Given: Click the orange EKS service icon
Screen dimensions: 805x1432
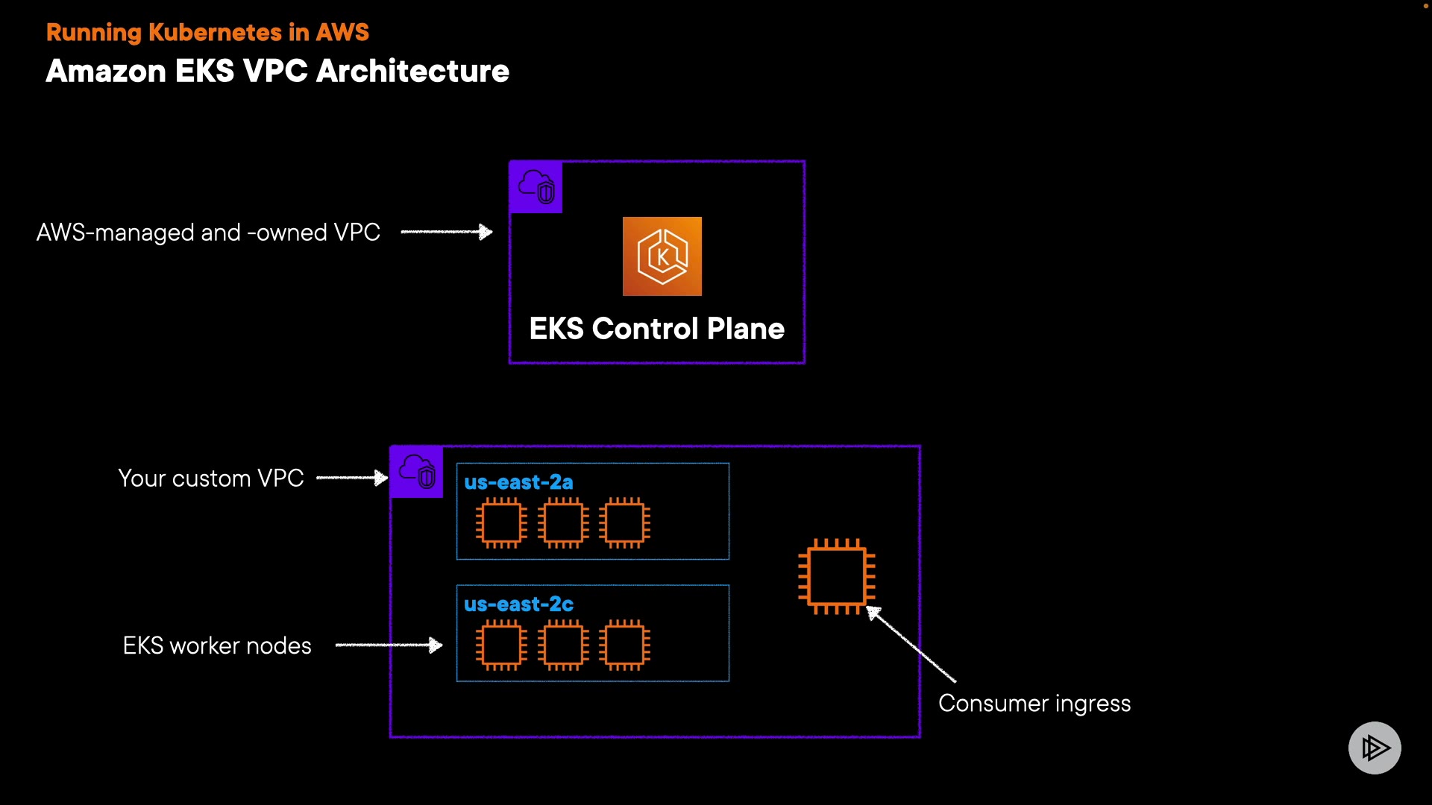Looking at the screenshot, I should tap(662, 256).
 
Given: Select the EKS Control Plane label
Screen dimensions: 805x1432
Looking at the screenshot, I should tap(656, 329).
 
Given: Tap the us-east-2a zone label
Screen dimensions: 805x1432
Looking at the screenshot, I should tap(518, 482).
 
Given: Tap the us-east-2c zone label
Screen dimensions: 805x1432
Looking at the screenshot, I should tap(518, 604).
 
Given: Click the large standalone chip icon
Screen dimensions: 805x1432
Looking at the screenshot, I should tap(836, 576).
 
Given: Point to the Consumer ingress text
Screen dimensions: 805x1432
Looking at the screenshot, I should tap(1034, 704).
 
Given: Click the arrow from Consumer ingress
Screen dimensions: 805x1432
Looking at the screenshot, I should tap(911, 645).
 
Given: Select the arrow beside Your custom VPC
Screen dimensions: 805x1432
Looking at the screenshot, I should tap(352, 478).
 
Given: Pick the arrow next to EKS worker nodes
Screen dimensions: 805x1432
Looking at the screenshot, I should tap(389, 645).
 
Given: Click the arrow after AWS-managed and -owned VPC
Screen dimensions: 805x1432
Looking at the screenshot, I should tap(447, 232).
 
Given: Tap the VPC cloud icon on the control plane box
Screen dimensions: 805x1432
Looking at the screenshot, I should tap(536, 187).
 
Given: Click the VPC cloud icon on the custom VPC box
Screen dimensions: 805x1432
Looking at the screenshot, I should tap(417, 472).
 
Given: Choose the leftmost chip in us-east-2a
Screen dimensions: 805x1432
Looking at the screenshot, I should tap(501, 523).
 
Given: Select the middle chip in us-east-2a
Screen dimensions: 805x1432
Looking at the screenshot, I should tap(563, 523).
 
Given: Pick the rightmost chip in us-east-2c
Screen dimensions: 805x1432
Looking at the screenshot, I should tap(624, 645).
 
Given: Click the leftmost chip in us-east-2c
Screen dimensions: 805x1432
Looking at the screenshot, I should tap(501, 645).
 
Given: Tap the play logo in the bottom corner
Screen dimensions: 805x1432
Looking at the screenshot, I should tap(1374, 748).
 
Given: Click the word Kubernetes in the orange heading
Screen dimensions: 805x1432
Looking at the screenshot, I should tap(215, 33).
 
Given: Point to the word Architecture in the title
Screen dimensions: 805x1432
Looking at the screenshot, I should tap(412, 72).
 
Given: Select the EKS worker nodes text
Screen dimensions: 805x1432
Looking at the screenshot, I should tap(217, 645).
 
